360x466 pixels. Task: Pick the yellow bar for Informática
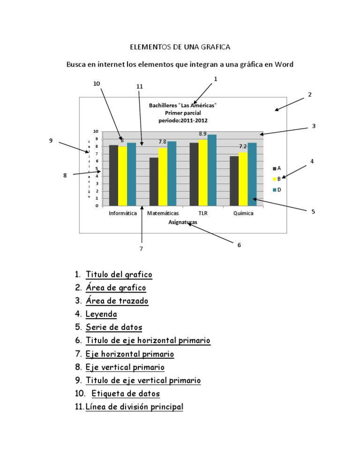(x=122, y=176)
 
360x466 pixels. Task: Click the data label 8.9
(x=203, y=134)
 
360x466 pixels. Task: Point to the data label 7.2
(x=243, y=146)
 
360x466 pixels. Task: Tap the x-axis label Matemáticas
(x=163, y=213)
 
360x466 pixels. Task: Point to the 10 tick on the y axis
(x=95, y=131)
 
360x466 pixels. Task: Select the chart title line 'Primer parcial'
(x=183, y=113)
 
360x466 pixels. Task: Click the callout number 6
(x=239, y=245)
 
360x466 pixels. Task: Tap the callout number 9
(x=51, y=140)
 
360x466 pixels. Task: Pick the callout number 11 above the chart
(x=140, y=87)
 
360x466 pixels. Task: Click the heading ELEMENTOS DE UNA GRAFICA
(x=180, y=47)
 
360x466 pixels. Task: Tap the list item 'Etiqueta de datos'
(x=126, y=394)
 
